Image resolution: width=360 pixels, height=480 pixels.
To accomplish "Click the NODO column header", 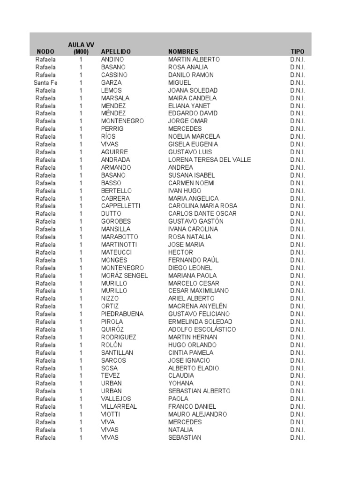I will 45,52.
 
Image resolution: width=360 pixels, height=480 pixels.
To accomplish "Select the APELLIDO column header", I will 116,52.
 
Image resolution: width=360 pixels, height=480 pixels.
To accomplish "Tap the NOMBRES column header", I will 183,52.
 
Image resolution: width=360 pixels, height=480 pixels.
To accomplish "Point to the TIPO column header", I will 297,52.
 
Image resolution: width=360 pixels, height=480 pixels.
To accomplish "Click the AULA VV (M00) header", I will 81,48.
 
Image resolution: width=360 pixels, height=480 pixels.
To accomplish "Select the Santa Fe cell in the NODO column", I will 45,82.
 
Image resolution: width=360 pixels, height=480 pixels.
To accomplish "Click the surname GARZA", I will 111,82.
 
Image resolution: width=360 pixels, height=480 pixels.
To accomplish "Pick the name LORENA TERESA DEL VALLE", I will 210,160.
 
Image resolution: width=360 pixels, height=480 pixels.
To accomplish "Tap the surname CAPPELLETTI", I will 120,206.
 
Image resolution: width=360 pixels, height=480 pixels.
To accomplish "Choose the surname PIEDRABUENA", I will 122,314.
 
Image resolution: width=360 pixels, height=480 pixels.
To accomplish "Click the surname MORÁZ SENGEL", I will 124,275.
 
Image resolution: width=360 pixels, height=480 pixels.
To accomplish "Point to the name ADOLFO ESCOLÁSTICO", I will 202,329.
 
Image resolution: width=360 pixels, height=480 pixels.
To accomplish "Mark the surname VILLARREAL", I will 119,406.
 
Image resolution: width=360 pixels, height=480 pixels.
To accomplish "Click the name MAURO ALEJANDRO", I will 197,414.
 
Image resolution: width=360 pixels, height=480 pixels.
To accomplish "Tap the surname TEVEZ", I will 111,375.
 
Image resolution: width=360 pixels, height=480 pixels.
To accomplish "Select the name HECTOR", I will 180,252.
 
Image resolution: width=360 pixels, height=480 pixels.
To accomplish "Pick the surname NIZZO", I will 110,298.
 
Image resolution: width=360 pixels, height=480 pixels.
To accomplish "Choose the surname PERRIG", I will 112,128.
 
